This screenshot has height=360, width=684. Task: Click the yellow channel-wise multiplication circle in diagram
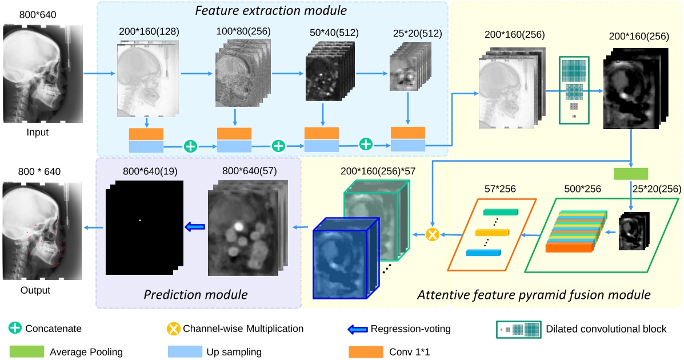point(433,233)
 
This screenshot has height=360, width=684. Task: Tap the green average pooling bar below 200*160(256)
point(631,174)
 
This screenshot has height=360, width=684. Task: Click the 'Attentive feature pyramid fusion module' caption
point(534,295)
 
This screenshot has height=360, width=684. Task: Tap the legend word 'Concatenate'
point(53,329)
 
